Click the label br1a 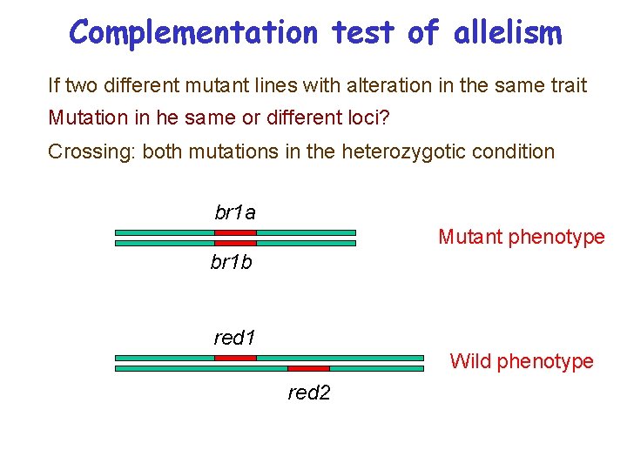(x=235, y=212)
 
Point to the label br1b (x=232, y=262)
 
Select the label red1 (x=235, y=337)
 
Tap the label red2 (x=309, y=393)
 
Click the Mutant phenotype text (x=521, y=237)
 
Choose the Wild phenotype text (x=521, y=361)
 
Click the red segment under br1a (x=235, y=232)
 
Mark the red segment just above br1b (x=235, y=244)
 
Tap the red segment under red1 (x=235, y=358)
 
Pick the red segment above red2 (x=308, y=369)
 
